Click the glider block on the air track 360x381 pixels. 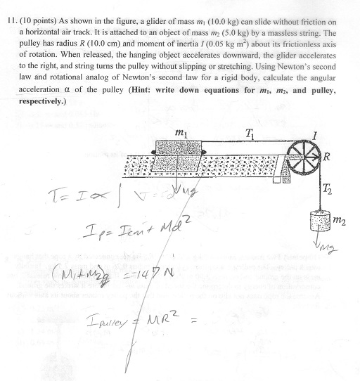[x=176, y=155]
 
